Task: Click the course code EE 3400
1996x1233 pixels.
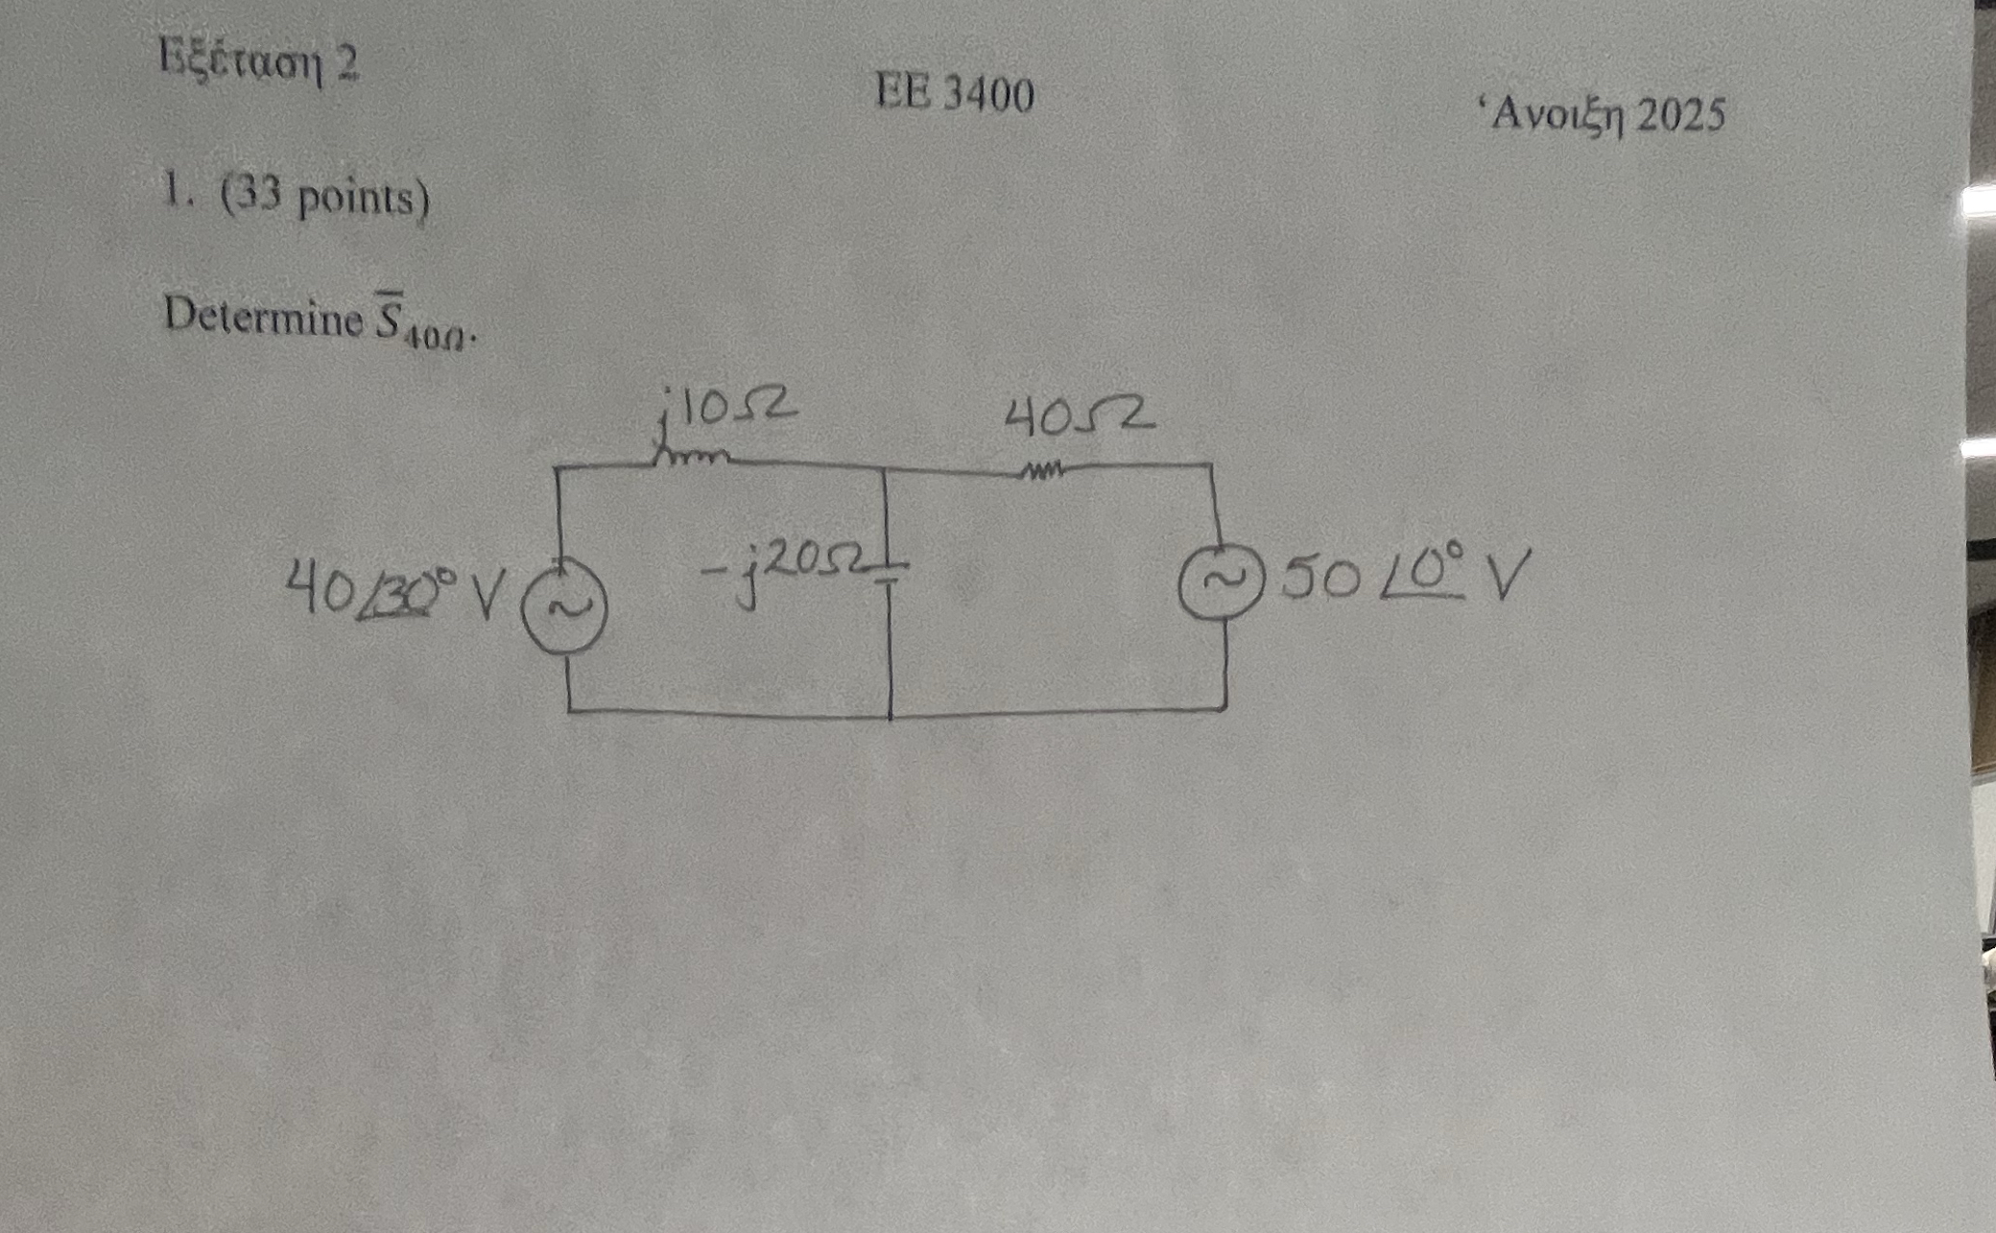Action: coord(955,95)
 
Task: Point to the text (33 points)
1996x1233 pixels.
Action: coord(325,199)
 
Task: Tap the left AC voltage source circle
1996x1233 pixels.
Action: coord(564,607)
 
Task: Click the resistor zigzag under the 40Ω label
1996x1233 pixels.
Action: coord(1042,471)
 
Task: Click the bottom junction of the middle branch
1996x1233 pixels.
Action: coord(891,715)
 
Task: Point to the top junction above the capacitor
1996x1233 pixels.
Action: coord(883,468)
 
